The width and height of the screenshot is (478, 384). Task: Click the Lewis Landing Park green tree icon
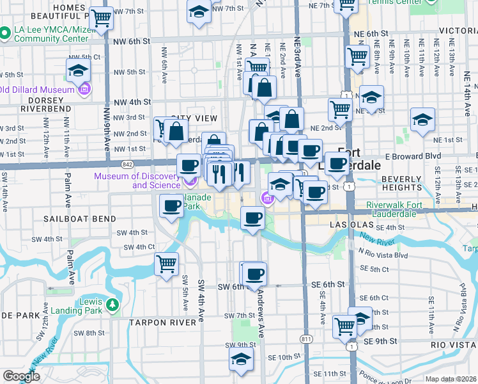[113, 303]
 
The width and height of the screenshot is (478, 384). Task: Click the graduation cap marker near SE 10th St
[241, 360]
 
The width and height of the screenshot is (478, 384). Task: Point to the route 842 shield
[127, 164]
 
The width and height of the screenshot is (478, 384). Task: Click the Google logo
[21, 376]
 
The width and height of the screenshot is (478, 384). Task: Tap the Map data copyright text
[451, 379]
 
